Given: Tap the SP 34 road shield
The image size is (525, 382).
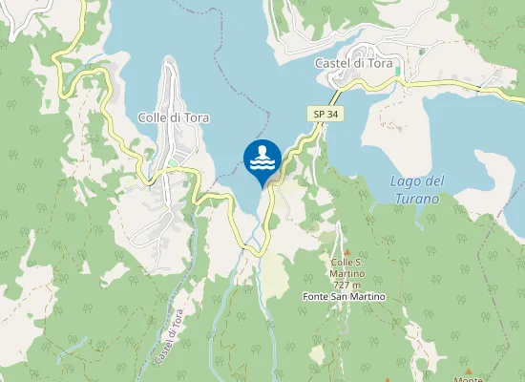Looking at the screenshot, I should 323,114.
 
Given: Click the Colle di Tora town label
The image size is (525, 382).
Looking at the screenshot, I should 173,117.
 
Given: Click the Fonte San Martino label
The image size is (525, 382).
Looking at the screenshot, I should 344,297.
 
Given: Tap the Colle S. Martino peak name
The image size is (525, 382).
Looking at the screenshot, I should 349,263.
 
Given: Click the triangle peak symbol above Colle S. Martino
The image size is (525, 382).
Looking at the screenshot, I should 347,249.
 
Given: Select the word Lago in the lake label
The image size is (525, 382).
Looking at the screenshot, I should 405,181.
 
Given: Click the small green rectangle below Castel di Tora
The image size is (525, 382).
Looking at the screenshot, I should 396,72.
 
